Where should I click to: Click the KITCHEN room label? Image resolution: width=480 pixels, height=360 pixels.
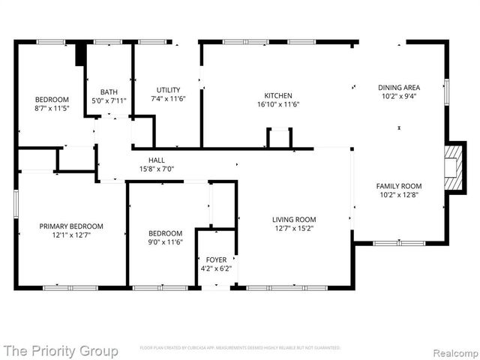click(277, 96)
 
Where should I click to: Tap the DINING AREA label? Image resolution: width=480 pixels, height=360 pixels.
click(398, 88)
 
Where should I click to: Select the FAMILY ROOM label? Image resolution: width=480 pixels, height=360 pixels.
click(398, 186)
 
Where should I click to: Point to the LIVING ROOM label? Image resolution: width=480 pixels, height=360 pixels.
click(293, 220)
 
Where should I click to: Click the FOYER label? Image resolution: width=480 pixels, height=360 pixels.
click(217, 259)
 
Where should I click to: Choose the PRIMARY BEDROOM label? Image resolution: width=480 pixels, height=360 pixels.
click(70, 226)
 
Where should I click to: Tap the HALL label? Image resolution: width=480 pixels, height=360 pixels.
click(156, 160)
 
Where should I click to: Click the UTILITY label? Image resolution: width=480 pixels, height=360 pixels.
click(168, 90)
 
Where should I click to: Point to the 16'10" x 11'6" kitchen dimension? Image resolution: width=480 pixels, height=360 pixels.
click(277, 105)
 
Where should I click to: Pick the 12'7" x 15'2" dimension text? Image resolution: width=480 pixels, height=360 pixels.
click(293, 229)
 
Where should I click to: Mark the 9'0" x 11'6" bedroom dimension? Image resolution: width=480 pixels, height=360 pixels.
click(165, 242)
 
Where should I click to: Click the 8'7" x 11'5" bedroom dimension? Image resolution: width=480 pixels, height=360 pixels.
click(52, 108)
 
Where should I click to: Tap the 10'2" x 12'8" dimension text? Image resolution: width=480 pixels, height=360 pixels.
click(398, 195)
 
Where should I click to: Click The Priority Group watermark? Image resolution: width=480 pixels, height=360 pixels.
click(60, 350)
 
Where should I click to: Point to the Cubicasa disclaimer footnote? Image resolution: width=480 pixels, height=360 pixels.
click(240, 348)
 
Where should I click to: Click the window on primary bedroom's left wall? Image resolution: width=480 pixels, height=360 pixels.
click(16, 204)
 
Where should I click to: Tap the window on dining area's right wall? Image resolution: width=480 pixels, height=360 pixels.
click(447, 91)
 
